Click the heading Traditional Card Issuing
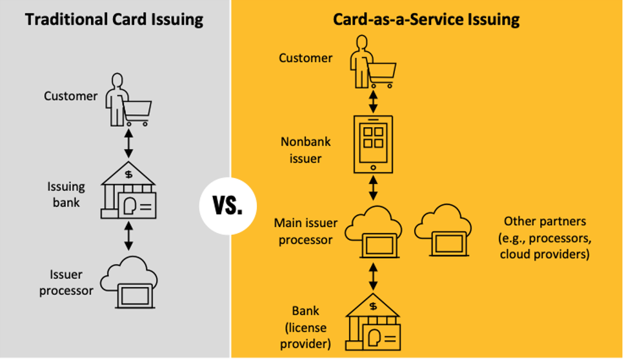[114, 19]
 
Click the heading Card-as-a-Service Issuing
[426, 19]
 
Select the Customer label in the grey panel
[70, 96]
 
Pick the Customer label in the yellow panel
[305, 58]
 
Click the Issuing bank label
[66, 194]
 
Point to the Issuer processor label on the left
[66, 283]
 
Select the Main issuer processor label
[305, 231]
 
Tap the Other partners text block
[545, 237]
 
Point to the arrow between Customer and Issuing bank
[128, 143]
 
